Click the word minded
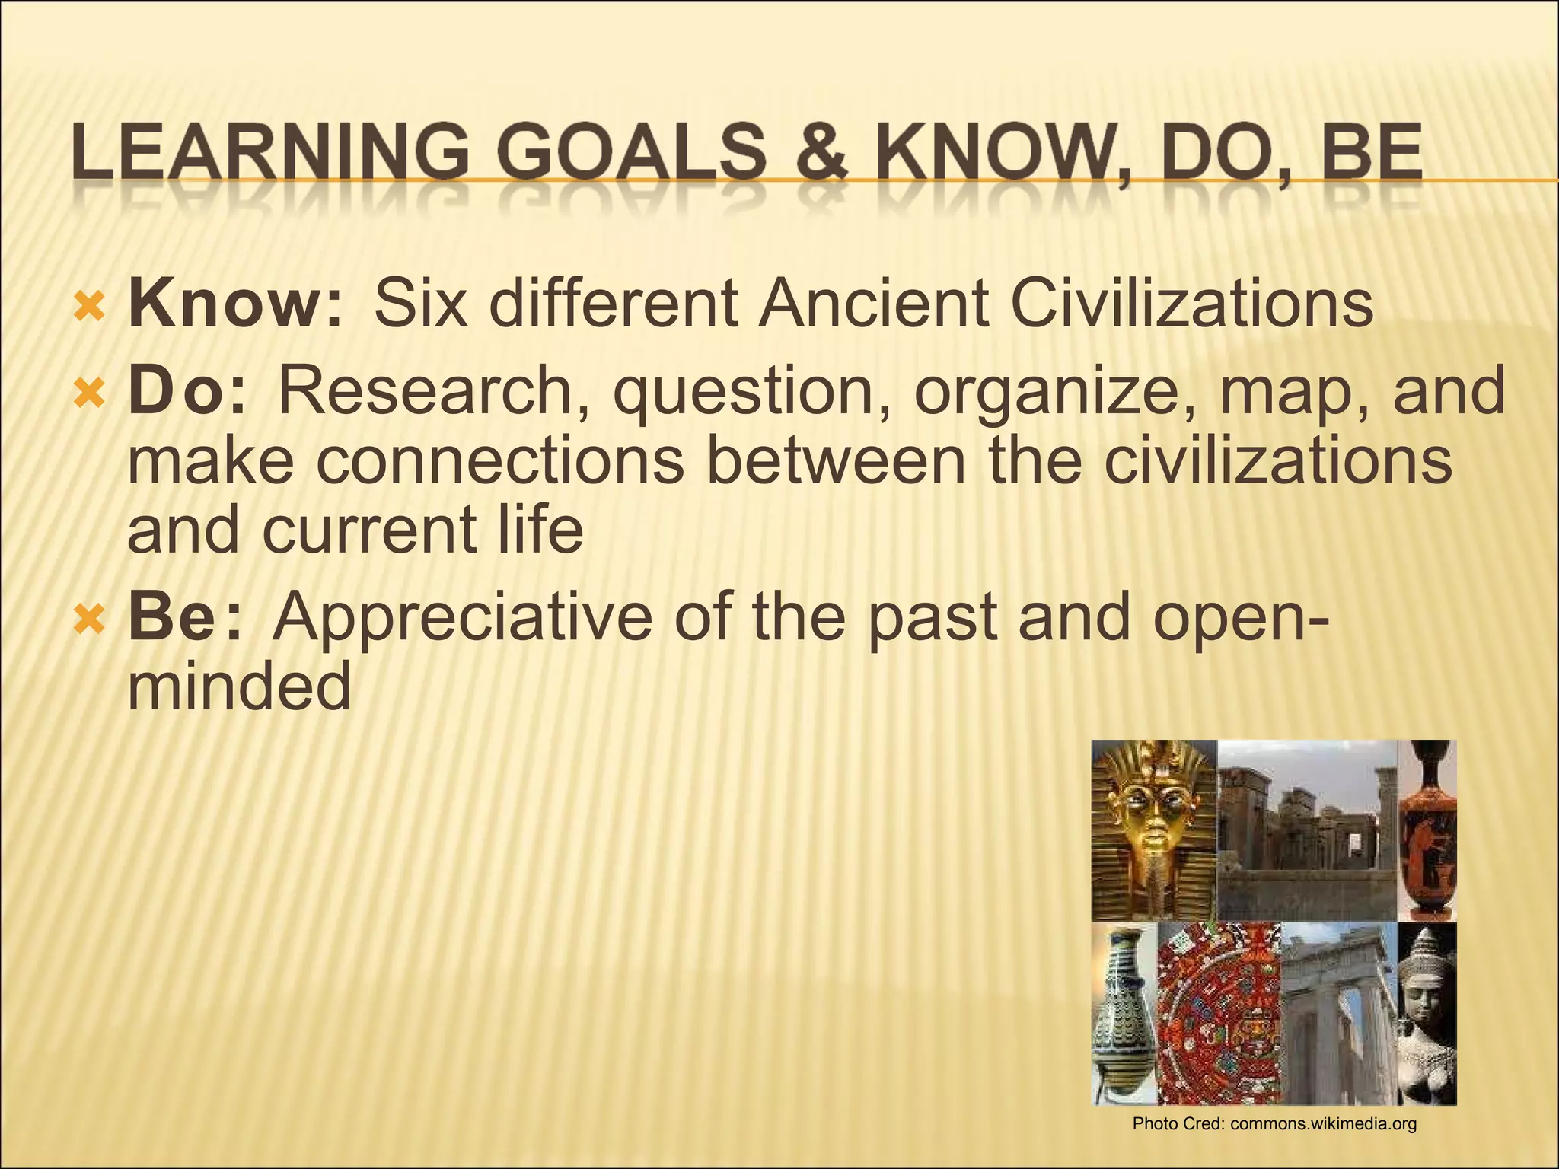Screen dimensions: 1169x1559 pyautogui.click(x=238, y=687)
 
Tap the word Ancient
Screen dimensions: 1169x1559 pyautogui.click(x=873, y=304)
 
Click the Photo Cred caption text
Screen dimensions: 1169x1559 pyautogui.click(x=1274, y=1123)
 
